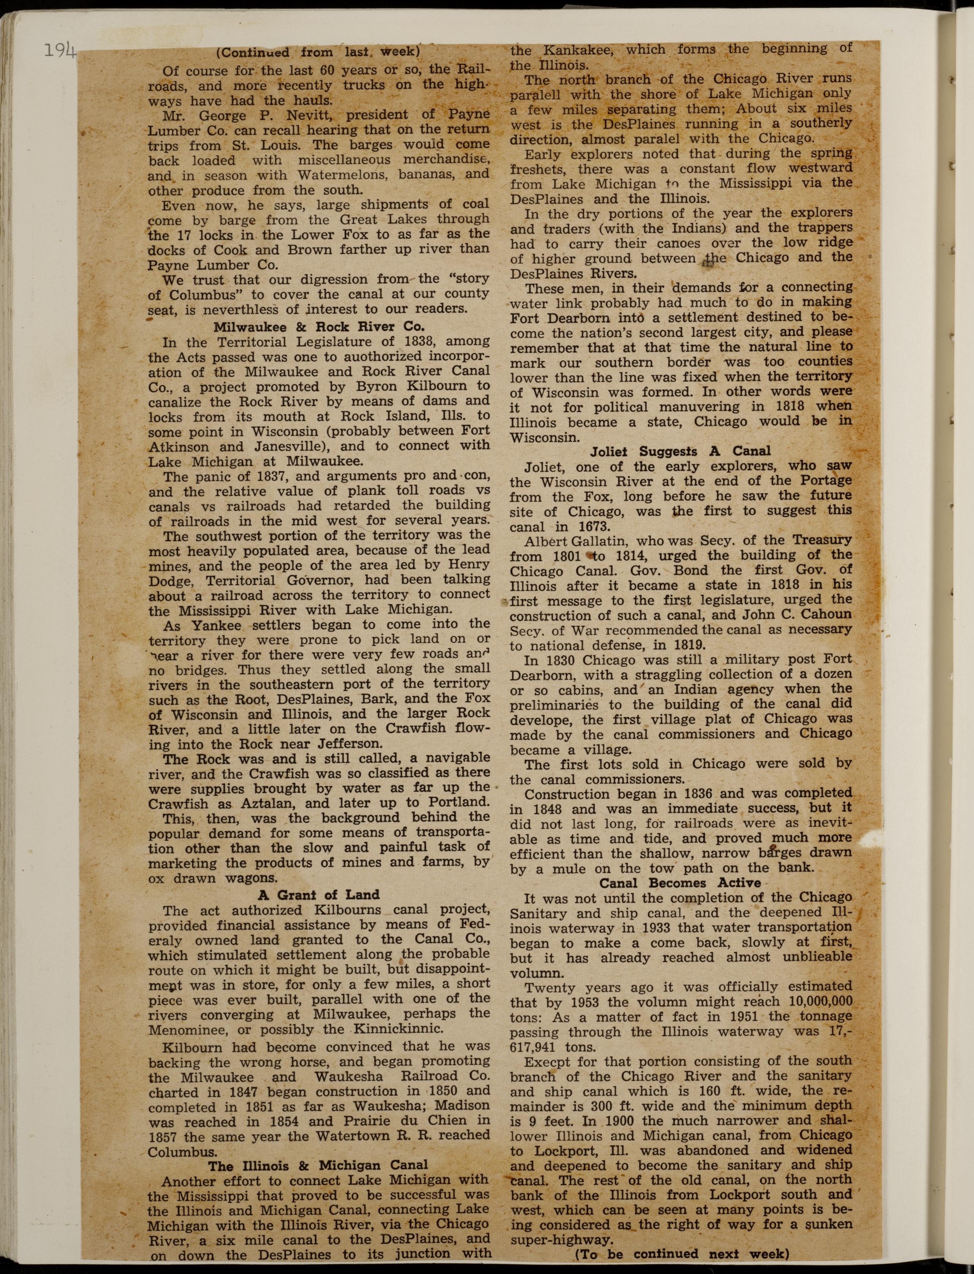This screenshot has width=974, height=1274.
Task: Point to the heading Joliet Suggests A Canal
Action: (x=681, y=451)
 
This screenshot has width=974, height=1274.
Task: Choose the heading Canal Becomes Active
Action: (x=680, y=883)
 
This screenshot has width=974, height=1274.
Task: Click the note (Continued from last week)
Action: (x=318, y=52)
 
